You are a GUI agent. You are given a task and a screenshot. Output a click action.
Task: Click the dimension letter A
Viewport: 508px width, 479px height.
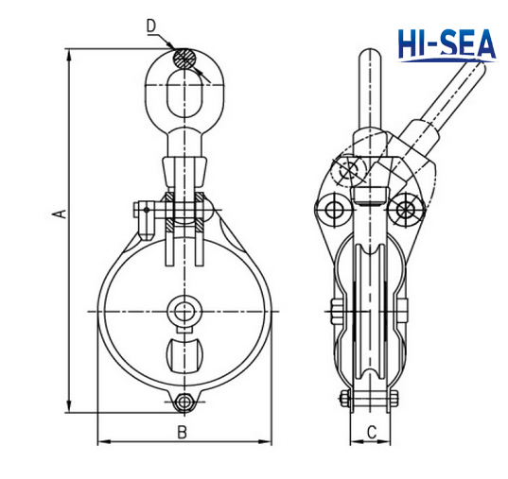[x=59, y=214]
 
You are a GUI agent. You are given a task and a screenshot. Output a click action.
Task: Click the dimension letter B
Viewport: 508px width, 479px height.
[x=184, y=432]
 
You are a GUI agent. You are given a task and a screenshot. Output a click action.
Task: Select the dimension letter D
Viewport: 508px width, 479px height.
[x=151, y=26]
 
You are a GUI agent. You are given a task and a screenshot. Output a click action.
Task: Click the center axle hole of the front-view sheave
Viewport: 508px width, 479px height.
[x=184, y=311]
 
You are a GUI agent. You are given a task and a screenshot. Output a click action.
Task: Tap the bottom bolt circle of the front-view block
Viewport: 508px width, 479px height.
[x=184, y=402]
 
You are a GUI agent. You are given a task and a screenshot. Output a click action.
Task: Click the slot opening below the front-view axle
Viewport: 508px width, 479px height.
[x=184, y=356]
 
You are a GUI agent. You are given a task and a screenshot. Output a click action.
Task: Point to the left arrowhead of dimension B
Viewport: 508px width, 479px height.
[x=102, y=442]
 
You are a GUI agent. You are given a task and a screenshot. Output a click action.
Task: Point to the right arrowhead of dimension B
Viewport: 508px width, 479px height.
[x=270, y=442]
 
